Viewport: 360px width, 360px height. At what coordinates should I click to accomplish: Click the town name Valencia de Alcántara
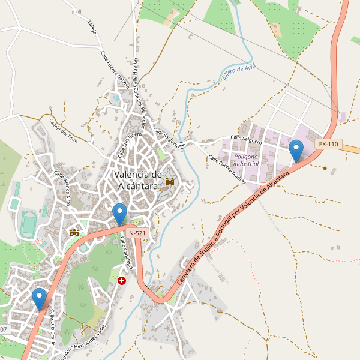(x=138, y=180)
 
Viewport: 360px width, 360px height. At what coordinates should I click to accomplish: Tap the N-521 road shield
(x=136, y=232)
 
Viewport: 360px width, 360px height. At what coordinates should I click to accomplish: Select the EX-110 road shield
(x=328, y=144)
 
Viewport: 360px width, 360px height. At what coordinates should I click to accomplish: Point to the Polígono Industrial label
(x=246, y=159)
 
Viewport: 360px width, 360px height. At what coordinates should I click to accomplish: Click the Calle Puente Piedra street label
(x=226, y=170)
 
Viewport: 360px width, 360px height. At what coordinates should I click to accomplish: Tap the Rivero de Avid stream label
(x=239, y=74)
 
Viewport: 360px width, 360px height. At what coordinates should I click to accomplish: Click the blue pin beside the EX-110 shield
(x=296, y=150)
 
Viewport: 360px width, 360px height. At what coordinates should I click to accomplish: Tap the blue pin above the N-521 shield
(x=120, y=214)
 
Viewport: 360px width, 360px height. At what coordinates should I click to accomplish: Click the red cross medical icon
(x=122, y=280)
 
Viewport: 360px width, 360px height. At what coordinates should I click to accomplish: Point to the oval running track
(x=27, y=223)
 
